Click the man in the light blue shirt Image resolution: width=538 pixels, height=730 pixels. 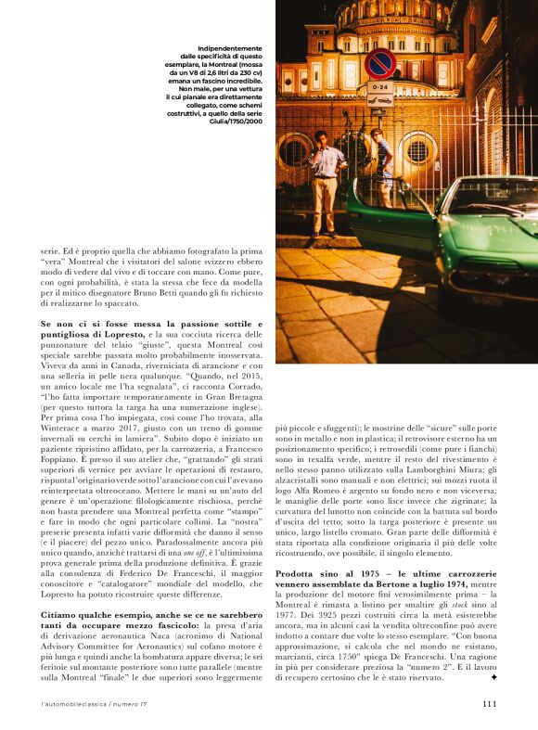[326, 176]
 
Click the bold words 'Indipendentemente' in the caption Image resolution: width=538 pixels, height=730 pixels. [229, 47]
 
